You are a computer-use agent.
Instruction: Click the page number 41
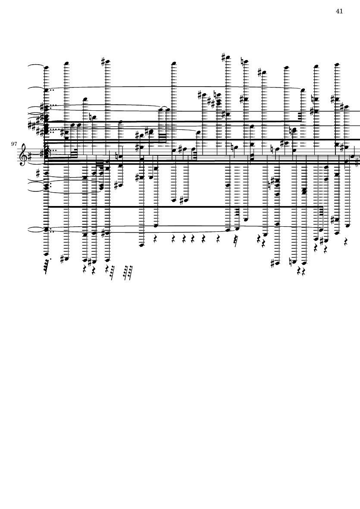pos(339,11)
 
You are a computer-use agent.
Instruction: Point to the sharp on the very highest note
pos(224,56)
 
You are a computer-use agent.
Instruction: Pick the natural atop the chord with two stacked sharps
pos(215,94)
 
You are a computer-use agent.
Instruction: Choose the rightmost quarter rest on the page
pos(346,243)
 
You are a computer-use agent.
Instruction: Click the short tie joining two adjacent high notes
pos(164,107)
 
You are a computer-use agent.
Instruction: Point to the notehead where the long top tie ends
pos(303,91)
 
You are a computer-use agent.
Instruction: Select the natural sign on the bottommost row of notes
pos(294,261)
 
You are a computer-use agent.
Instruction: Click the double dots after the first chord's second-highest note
pos(53,91)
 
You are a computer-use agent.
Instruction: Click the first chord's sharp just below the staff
pos(39,173)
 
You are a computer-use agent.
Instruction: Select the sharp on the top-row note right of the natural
pos(260,72)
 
